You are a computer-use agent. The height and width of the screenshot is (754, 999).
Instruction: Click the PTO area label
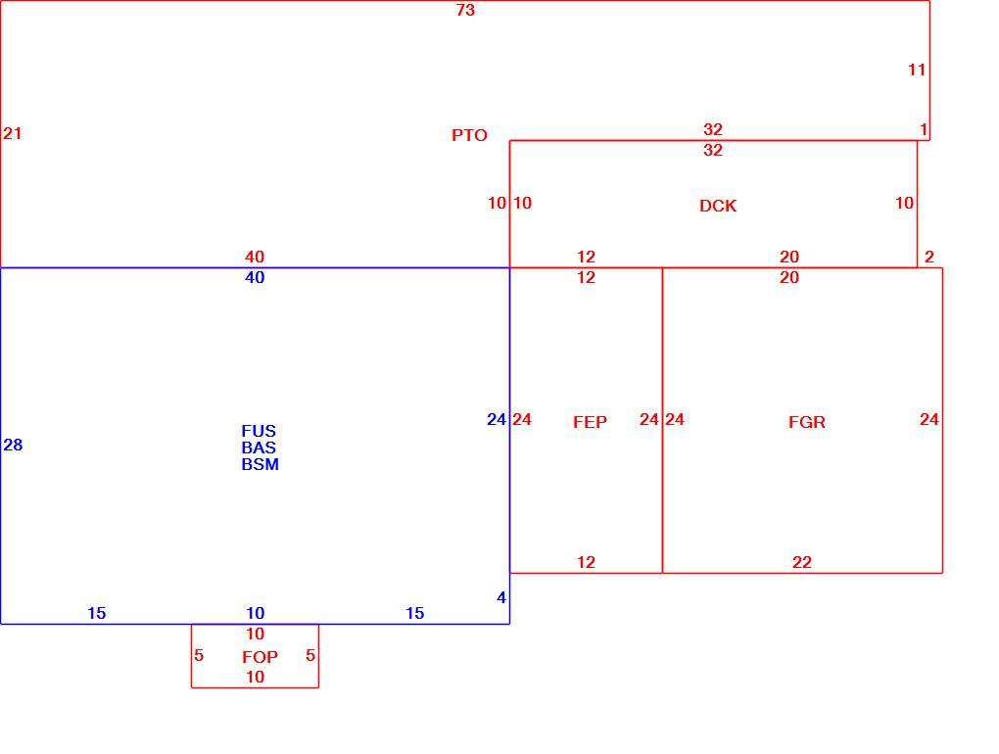click(469, 135)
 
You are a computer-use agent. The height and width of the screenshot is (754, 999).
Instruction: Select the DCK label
click(718, 206)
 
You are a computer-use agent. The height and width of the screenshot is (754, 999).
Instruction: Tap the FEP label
click(590, 422)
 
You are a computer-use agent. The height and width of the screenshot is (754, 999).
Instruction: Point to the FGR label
click(807, 422)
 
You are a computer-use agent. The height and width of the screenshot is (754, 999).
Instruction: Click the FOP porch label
click(260, 656)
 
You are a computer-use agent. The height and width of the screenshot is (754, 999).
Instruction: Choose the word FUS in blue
click(259, 431)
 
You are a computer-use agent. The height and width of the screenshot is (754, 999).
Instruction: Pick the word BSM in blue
click(260, 464)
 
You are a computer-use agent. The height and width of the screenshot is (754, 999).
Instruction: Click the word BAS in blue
click(259, 448)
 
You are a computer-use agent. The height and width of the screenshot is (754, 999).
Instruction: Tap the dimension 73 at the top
click(466, 10)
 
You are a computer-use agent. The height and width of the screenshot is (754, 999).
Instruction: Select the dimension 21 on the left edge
click(13, 133)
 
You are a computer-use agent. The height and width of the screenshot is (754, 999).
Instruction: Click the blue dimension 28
click(13, 445)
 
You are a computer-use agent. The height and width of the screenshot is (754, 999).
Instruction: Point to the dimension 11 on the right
click(917, 71)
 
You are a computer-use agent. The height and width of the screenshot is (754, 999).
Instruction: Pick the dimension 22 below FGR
click(802, 562)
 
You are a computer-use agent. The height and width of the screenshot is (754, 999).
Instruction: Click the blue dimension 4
click(501, 597)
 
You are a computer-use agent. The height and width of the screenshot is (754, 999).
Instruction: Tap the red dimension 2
click(929, 257)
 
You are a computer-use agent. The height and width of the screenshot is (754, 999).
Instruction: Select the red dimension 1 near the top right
click(924, 129)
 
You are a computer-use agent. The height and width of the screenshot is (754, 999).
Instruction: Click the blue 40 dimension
click(255, 277)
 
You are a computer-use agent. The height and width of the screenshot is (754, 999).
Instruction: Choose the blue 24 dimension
click(497, 419)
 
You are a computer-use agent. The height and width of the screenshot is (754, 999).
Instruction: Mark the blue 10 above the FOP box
click(256, 613)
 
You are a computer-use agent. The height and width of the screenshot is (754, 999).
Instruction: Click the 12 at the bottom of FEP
click(586, 562)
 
